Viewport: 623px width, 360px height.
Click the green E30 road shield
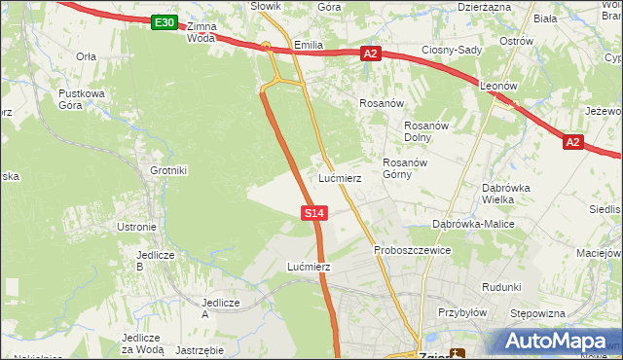coord(165,22)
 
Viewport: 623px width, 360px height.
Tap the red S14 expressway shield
coord(313,212)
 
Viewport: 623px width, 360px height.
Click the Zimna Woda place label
coord(202,32)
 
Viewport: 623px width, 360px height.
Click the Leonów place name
coord(498,86)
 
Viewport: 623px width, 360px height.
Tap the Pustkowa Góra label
coord(81,99)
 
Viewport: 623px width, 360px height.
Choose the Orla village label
coord(86,56)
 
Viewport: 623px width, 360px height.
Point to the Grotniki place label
coord(168,170)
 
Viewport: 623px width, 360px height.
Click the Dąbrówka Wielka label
coord(505,194)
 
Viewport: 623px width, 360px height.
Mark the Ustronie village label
coord(136,227)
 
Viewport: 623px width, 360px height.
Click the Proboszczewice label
coord(412,250)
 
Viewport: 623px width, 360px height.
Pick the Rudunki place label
coord(501,287)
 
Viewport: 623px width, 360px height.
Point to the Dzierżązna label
coord(484,6)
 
